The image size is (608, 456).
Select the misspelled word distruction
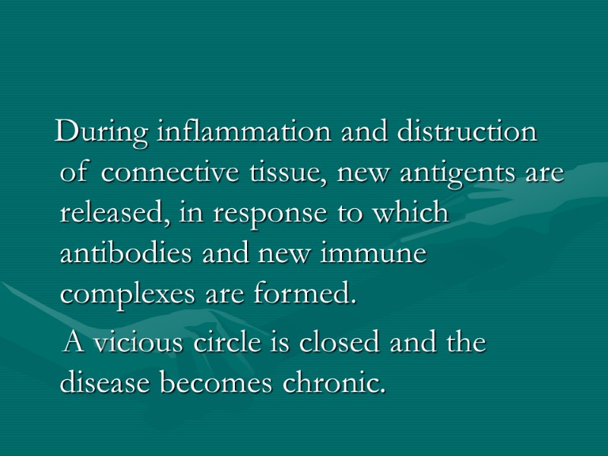pyautogui.click(x=455, y=133)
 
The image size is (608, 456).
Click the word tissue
pyautogui.click(x=268, y=174)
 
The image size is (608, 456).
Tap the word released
pyautogui.click(x=115, y=214)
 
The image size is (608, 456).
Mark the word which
pyautogui.click(x=414, y=214)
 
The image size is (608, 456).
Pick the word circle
pyautogui.click(x=230, y=344)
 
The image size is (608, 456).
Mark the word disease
pyautogui.click(x=106, y=383)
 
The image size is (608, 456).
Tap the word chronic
pyautogui.click(x=334, y=383)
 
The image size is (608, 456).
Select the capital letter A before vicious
pyautogui.click(x=74, y=344)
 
